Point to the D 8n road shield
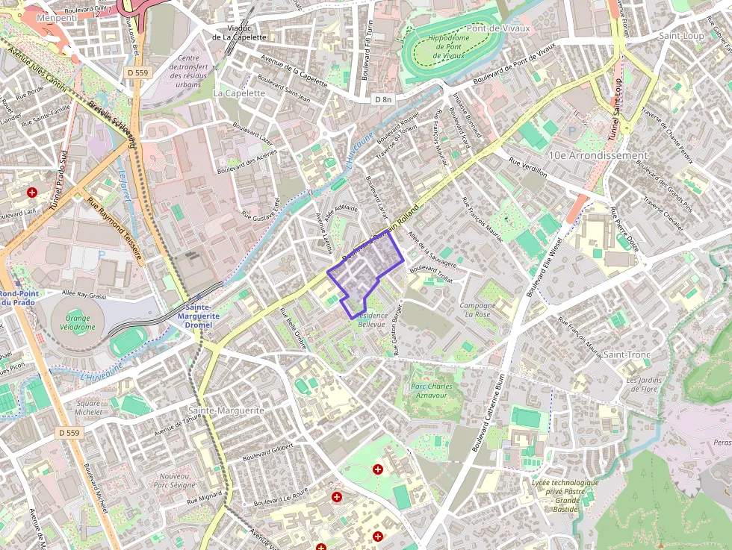pyautogui.click(x=383, y=99)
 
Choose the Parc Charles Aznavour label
pyautogui.click(x=431, y=391)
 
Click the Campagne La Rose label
pyautogui.click(x=477, y=310)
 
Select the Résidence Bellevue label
pyautogui.click(x=371, y=319)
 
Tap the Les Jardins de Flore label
pyautogui.click(x=642, y=384)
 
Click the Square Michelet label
pyautogui.click(x=88, y=407)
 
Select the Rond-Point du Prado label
pyautogui.click(x=16, y=298)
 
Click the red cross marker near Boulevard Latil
pyautogui.click(x=32, y=193)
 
